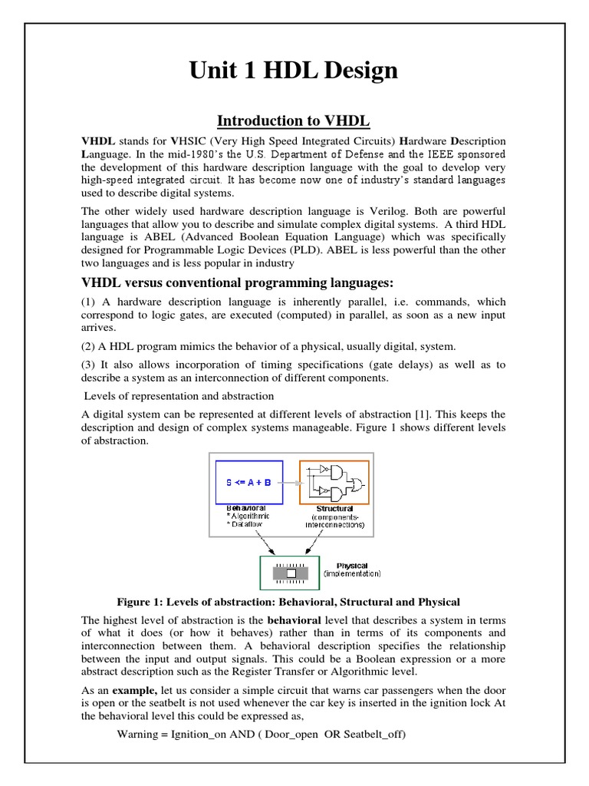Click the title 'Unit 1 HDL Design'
click(294, 71)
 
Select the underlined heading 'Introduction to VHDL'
click(294, 121)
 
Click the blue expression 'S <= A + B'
click(248, 482)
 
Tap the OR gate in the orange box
click(357, 483)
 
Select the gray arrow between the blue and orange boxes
click(291, 483)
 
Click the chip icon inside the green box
click(291, 573)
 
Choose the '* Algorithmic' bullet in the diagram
click(248, 517)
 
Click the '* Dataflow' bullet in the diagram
click(245, 525)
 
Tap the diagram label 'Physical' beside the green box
click(352, 566)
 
